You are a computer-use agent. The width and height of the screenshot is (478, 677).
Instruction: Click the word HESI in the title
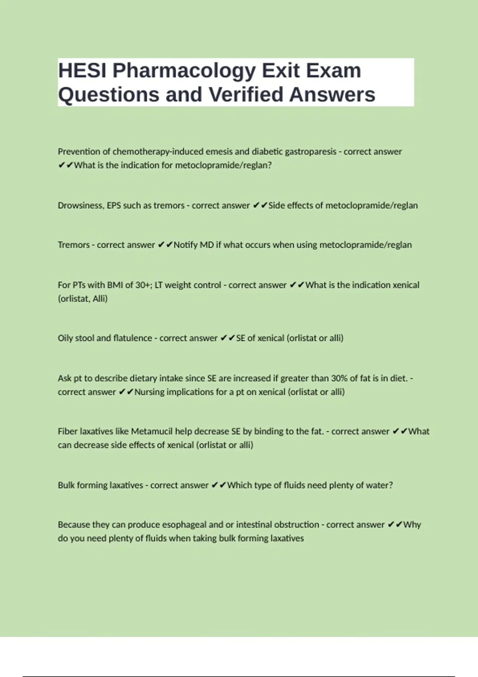(x=82, y=70)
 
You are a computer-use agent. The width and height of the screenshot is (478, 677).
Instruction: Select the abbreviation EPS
(x=114, y=205)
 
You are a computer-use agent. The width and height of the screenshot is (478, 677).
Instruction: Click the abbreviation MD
(x=207, y=245)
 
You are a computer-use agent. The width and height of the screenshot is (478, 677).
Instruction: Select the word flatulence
(x=132, y=338)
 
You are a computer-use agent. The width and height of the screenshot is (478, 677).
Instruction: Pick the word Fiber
(x=68, y=431)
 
